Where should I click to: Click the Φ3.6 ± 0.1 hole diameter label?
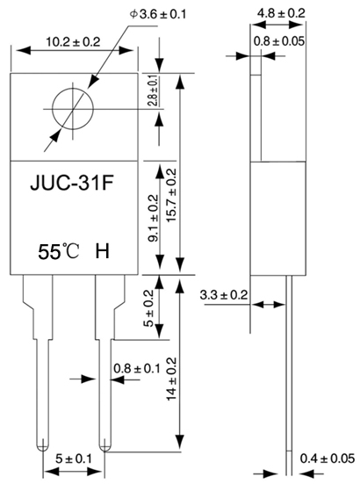click(158, 14)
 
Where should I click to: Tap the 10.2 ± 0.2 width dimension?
click(74, 42)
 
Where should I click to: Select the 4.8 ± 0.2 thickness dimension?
click(281, 13)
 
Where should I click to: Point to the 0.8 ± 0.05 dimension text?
click(279, 41)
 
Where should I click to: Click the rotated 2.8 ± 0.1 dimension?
click(154, 90)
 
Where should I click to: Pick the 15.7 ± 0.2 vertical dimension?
click(171, 195)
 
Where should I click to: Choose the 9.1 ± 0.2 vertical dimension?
click(154, 218)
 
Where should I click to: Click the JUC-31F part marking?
click(72, 183)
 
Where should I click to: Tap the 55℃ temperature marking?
click(59, 251)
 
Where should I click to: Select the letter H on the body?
click(102, 251)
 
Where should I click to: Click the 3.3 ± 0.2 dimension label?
click(224, 295)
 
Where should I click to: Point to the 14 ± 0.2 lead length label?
click(171, 379)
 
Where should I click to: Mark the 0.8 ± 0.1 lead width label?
click(137, 368)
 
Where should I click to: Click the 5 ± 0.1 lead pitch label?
click(74, 459)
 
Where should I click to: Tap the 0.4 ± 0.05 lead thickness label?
click(328, 459)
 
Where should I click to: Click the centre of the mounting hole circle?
click(73, 109)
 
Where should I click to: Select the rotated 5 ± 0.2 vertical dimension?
click(148, 308)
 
